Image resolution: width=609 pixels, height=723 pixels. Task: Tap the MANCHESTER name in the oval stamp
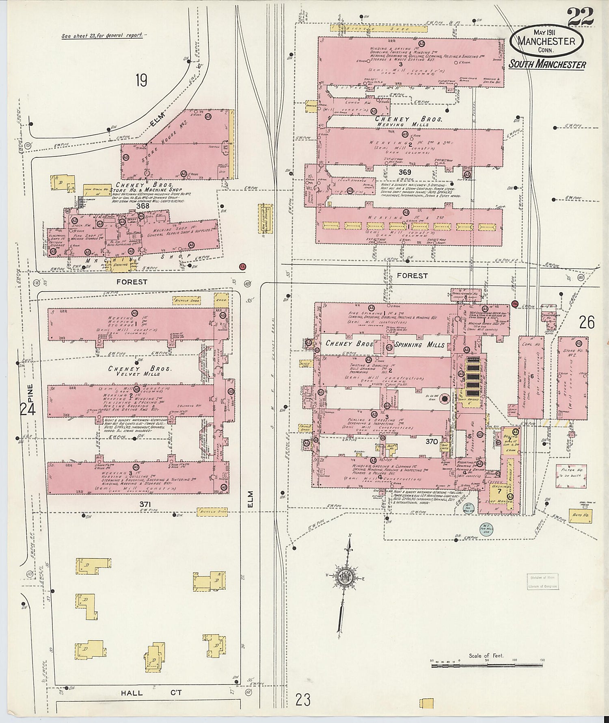click(546, 41)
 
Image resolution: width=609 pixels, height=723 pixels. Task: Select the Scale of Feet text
click(486, 656)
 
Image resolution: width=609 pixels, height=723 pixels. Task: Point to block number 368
click(143, 206)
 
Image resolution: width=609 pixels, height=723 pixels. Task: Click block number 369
click(404, 172)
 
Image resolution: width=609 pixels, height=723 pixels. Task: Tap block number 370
click(432, 441)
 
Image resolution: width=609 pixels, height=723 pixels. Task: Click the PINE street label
click(30, 393)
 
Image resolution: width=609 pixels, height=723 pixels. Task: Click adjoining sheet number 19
click(141, 80)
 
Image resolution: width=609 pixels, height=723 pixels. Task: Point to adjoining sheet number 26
click(587, 323)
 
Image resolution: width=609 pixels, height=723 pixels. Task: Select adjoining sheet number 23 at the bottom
click(303, 700)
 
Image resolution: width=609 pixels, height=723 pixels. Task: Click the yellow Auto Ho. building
click(580, 515)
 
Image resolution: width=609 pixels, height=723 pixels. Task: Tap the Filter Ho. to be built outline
click(571, 476)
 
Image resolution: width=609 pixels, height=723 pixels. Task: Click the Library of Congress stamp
click(543, 582)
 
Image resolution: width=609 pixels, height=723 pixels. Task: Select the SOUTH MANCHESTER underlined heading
click(547, 64)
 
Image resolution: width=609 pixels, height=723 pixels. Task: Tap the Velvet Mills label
click(140, 374)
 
